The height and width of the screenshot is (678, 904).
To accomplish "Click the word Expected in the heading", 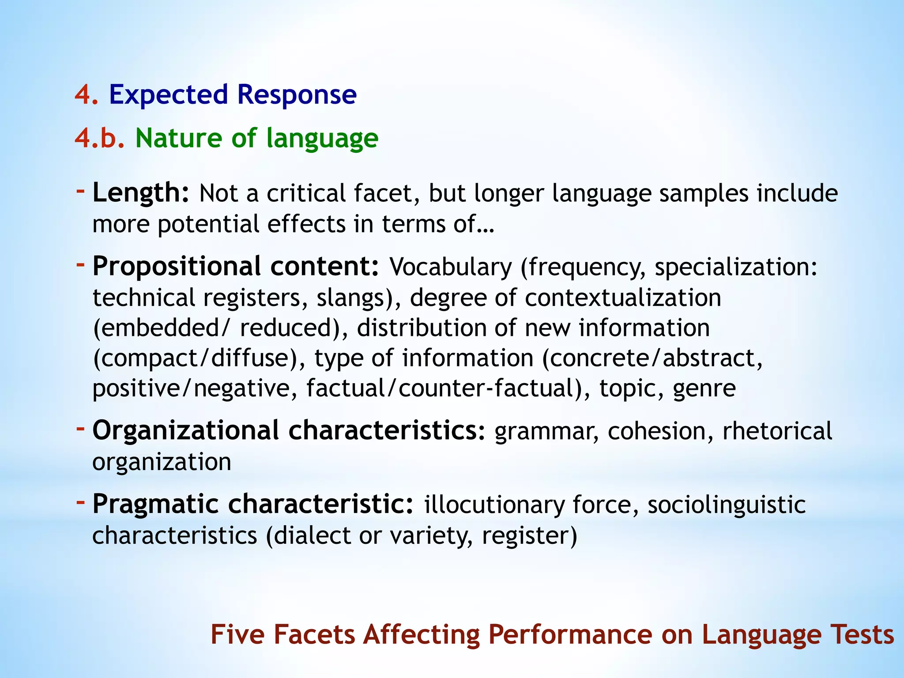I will (168, 95).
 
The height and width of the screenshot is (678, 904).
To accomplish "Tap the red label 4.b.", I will (100, 138).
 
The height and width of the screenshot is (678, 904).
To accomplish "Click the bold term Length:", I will (141, 193).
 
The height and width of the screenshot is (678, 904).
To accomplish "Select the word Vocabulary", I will (450, 267).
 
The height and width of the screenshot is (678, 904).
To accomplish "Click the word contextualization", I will (623, 298).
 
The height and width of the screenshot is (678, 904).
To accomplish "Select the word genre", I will (704, 388).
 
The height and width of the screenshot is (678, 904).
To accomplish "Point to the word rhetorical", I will (777, 431).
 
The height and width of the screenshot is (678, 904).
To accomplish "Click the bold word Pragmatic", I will (155, 504).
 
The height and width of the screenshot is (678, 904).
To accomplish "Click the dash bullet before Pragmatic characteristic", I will (80, 502).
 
